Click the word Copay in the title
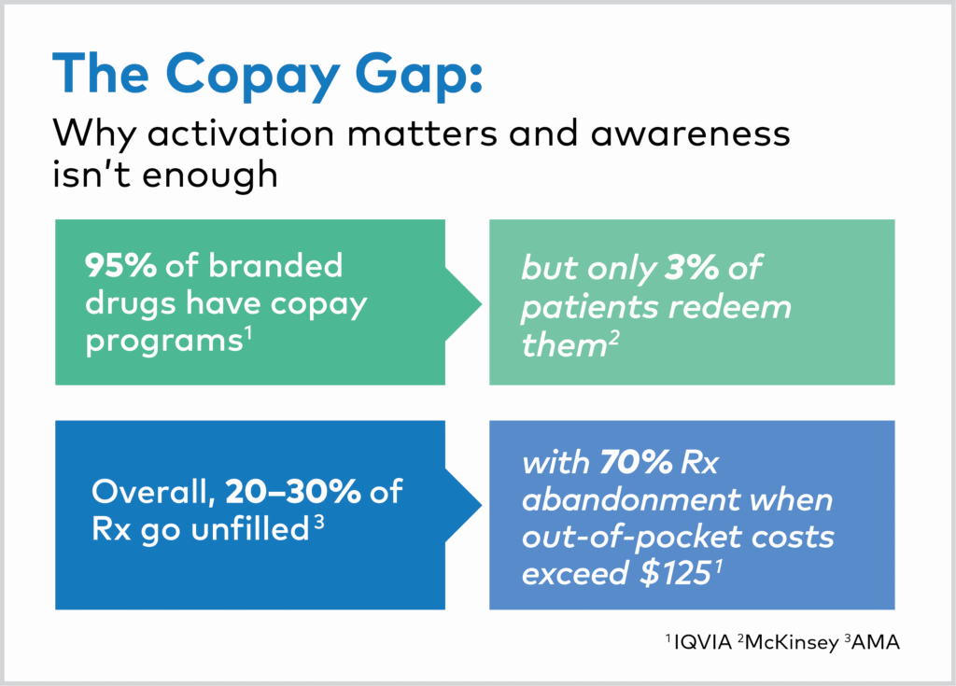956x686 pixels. (252, 77)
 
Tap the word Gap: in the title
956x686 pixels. (419, 77)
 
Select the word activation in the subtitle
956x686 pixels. (242, 133)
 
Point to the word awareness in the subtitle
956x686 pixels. (691, 133)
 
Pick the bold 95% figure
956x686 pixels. (120, 265)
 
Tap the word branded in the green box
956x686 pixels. (276, 265)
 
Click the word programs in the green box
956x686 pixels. (164, 342)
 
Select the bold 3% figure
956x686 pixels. (692, 267)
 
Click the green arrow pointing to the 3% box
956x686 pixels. (463, 304)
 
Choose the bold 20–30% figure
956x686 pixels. (292, 492)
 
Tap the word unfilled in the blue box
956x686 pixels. (250, 528)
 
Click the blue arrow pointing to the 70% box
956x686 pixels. (463, 505)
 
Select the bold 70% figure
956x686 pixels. (636, 462)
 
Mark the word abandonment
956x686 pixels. (630, 500)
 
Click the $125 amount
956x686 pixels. (676, 573)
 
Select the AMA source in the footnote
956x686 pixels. (876, 642)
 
